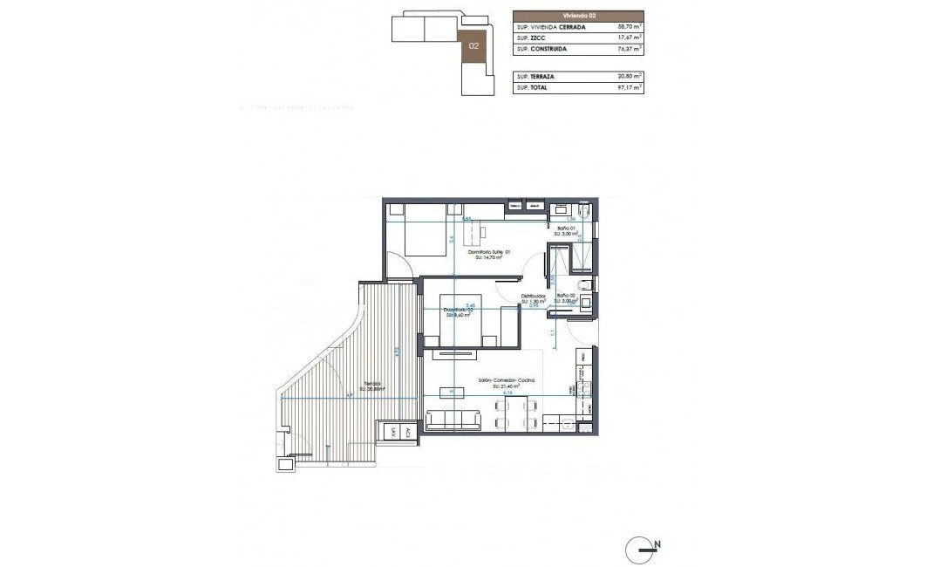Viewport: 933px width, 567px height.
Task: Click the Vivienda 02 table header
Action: pos(578,16)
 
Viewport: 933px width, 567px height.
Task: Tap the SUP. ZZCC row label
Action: pos(531,38)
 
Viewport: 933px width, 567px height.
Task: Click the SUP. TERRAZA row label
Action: pos(537,77)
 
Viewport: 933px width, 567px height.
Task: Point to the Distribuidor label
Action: pos(534,297)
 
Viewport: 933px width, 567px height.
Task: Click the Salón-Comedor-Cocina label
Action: pos(505,381)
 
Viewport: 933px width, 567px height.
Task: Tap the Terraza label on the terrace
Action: pos(373,385)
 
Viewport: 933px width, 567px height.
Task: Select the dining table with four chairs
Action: pos(514,413)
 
